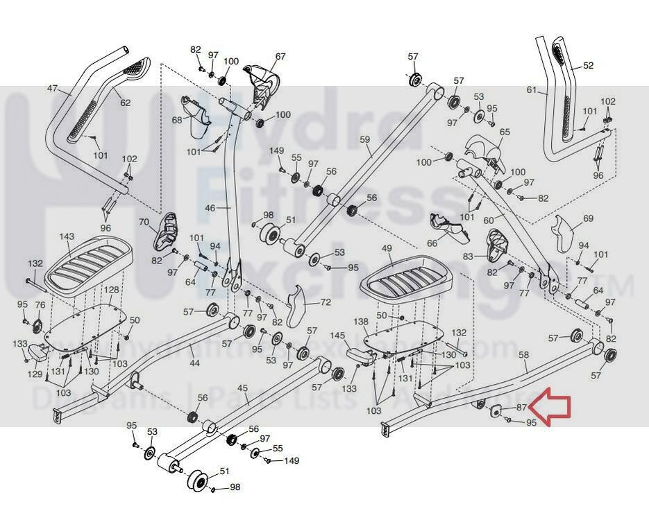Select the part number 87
pyautogui.click(x=522, y=408)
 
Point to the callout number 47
pyautogui.click(x=53, y=89)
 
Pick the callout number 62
pyautogui.click(x=125, y=103)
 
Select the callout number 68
pyautogui.click(x=177, y=120)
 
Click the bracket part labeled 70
pyautogui.click(x=165, y=229)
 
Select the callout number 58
pyautogui.click(x=523, y=355)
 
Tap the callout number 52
pyautogui.click(x=589, y=66)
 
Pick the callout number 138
pyautogui.click(x=361, y=322)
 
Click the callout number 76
pyautogui.click(x=40, y=305)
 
